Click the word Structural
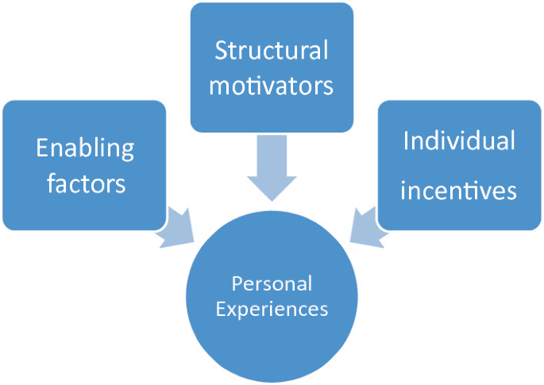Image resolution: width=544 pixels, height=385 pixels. [272, 51]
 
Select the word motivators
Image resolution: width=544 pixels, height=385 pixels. [272, 86]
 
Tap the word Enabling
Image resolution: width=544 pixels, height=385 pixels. [85, 148]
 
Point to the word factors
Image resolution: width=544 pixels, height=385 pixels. [85, 183]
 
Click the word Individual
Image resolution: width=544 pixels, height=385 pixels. [459, 141]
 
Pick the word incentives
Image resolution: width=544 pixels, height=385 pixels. [459, 191]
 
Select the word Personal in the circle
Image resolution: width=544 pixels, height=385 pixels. [272, 283]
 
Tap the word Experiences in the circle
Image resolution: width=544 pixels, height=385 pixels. [272, 309]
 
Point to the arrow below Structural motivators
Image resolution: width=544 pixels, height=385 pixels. [272, 171]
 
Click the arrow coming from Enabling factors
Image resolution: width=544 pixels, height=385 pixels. [176, 226]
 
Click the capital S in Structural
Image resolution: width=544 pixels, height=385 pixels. [222, 51]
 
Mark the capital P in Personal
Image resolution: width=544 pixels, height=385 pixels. [236, 283]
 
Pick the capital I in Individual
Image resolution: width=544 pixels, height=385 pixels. [406, 141]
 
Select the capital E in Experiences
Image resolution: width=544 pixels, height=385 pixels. [220, 308]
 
